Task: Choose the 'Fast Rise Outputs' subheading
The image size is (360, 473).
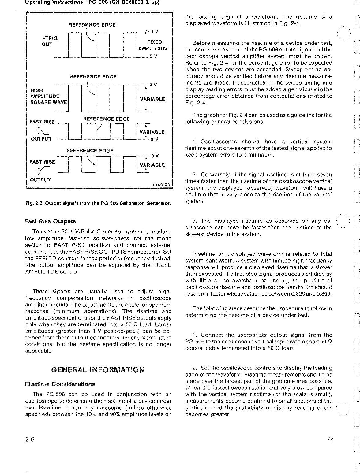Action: click(x=51, y=221)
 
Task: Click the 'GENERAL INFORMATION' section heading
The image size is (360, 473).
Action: click(x=98, y=369)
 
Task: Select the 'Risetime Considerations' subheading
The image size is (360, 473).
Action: click(x=60, y=384)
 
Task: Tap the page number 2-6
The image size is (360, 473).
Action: click(x=30, y=440)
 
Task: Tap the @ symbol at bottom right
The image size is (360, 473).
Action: click(x=330, y=439)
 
